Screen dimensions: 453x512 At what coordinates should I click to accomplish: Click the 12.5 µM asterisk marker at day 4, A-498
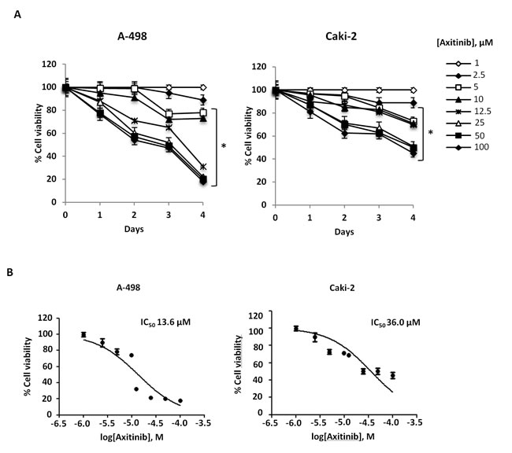[x=203, y=167]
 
